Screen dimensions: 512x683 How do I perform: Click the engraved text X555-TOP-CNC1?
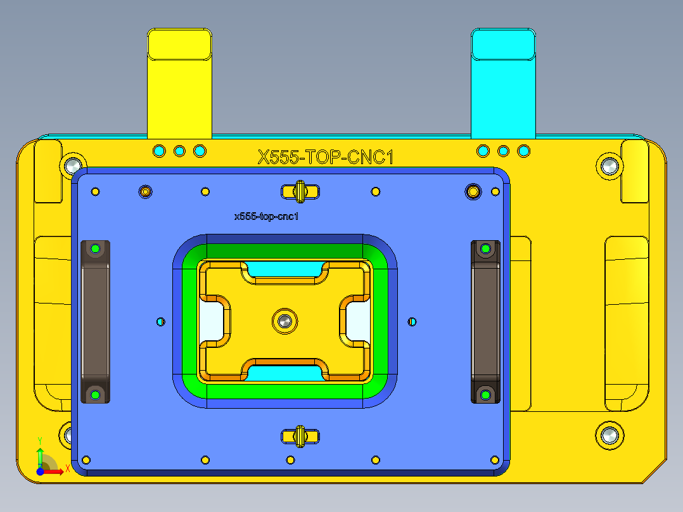point(325,157)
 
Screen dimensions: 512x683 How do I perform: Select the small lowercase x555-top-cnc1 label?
point(266,217)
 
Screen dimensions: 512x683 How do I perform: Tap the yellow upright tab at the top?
point(179,82)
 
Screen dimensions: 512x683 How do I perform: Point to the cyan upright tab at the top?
point(504,82)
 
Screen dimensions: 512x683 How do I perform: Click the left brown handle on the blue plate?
point(95,322)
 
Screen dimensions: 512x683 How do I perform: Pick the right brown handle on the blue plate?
point(485,322)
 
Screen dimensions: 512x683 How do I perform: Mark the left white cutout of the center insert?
point(211,321)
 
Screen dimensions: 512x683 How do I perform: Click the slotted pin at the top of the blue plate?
point(300,190)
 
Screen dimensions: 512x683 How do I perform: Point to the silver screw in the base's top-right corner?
point(610,166)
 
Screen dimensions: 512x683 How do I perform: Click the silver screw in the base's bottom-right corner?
point(610,435)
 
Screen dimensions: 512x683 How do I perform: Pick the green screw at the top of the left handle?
point(96,248)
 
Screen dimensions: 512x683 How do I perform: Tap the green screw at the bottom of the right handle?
point(485,395)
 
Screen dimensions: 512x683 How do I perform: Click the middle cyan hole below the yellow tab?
point(179,151)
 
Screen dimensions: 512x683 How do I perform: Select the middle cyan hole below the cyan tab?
point(504,151)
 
